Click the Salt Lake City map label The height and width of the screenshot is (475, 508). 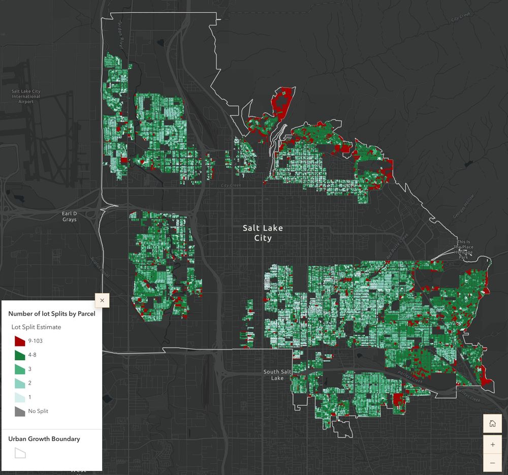pos(263,233)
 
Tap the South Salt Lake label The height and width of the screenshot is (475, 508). pos(277,375)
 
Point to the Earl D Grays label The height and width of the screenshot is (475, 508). pos(69,216)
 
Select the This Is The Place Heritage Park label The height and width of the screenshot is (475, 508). pos(464,249)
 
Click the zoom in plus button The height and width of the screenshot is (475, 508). pos(492,445)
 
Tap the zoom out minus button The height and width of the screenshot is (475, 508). pos(492,463)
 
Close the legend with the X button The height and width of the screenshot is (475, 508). pos(102,301)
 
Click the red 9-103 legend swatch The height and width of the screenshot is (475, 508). pos(20,341)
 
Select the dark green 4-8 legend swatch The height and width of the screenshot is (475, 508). pos(20,355)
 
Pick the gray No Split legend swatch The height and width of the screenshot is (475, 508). pos(20,411)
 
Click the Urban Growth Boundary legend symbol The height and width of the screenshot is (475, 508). pos(20,453)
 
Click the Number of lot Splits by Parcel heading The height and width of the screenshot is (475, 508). pos(52,313)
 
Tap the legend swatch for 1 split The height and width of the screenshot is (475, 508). pos(20,397)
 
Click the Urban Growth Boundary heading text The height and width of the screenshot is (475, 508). pos(44,439)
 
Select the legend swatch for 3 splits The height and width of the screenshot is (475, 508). pos(20,369)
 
